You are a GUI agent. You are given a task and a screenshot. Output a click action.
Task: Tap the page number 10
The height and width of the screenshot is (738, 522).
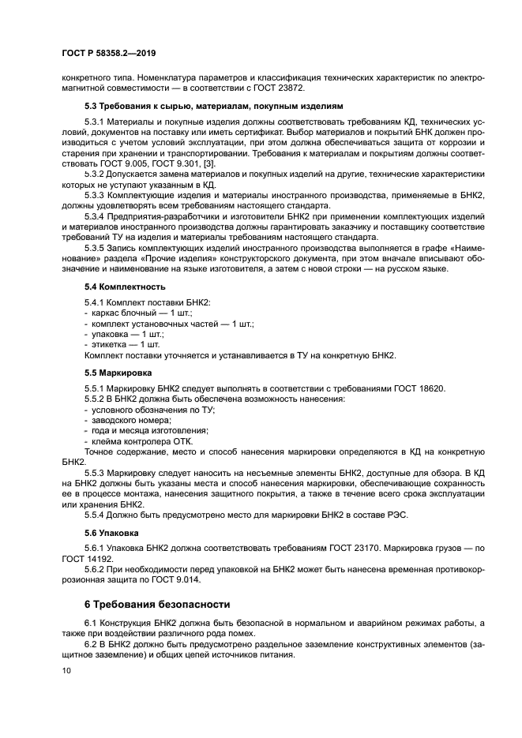click(x=66, y=670)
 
